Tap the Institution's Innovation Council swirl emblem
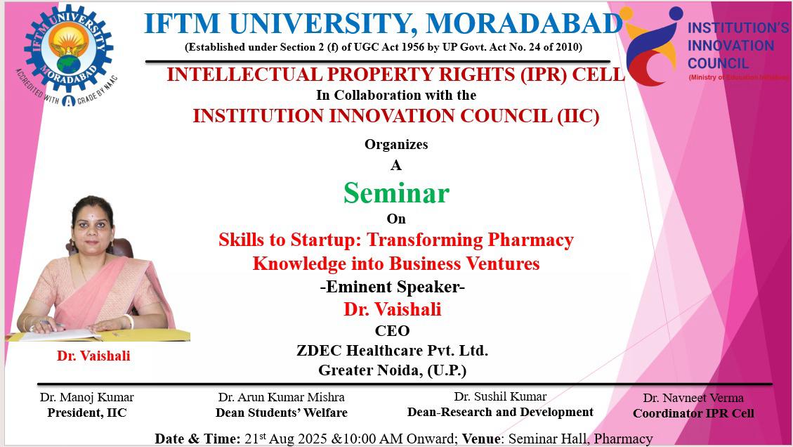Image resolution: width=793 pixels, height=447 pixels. [x=653, y=46]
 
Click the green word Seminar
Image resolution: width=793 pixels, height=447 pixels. [x=396, y=193]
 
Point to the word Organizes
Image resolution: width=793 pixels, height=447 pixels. [x=396, y=144]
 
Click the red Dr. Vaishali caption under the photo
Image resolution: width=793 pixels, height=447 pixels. [x=93, y=356]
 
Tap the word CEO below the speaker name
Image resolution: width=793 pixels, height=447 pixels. [x=393, y=330]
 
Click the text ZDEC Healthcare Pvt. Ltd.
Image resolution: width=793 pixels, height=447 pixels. [x=393, y=350]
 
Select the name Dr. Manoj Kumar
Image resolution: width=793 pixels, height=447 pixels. [x=87, y=397]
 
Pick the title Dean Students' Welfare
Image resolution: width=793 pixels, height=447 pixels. [x=282, y=413]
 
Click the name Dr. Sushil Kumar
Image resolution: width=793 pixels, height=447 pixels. [x=500, y=396]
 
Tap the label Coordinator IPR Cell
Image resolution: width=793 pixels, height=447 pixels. [x=693, y=413]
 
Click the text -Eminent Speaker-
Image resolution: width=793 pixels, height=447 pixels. [x=393, y=287]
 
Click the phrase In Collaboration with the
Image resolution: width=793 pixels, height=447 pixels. [x=396, y=95]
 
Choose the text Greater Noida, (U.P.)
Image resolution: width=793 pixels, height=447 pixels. [x=393, y=370]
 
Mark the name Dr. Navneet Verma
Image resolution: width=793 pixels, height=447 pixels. [x=693, y=398]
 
